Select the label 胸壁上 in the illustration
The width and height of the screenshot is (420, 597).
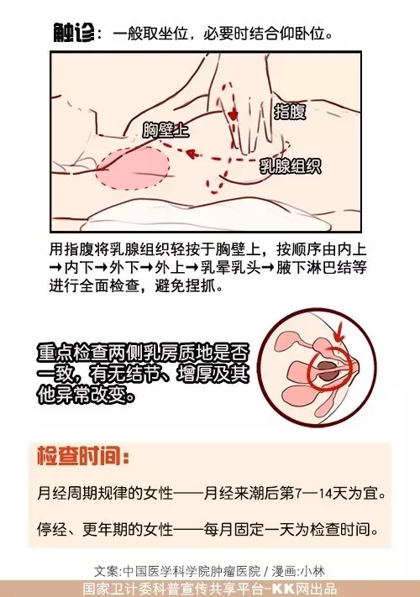[x=165, y=129]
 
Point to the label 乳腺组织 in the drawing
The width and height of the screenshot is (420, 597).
[x=290, y=165]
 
